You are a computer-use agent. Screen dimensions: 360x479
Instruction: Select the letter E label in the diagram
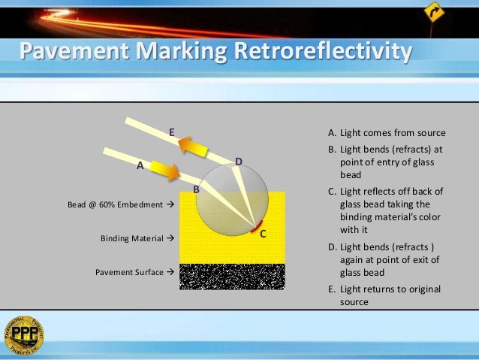(172, 132)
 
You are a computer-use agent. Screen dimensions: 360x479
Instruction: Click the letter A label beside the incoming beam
(140, 165)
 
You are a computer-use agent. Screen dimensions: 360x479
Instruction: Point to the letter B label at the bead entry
(197, 189)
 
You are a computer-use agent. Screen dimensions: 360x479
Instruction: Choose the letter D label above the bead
(239, 162)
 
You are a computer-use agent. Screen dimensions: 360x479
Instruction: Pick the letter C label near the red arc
(263, 234)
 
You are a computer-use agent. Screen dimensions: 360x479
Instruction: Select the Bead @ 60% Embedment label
(117, 204)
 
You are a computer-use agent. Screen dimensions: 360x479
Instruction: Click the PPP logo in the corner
(23, 335)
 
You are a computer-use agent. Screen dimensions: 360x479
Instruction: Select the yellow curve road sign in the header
(433, 12)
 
